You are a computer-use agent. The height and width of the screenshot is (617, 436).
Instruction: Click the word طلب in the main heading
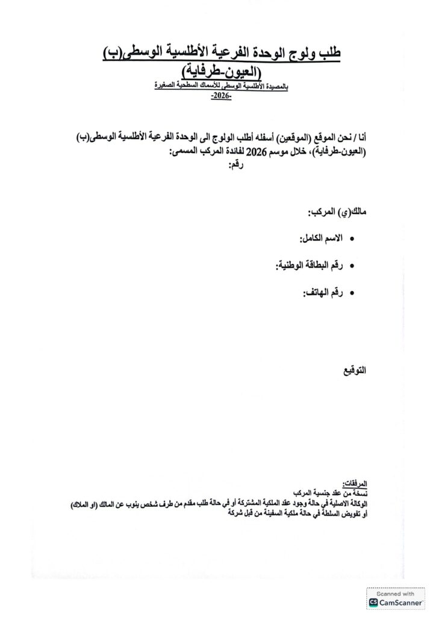329,54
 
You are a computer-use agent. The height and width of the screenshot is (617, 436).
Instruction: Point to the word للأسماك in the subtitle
202,87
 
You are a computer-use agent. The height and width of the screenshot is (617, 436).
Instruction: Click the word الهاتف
316,293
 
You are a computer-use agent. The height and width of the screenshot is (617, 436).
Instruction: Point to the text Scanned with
395,594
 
